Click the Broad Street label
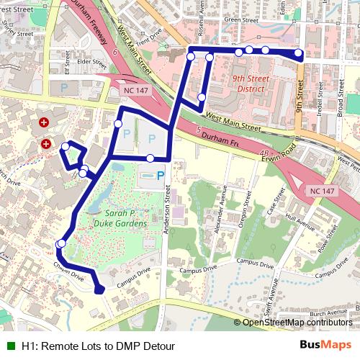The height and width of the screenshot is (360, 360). point(339,104)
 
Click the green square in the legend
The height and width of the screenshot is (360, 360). point(12,346)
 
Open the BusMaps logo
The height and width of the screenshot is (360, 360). point(325,345)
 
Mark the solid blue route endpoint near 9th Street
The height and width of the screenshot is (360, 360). point(299,54)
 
